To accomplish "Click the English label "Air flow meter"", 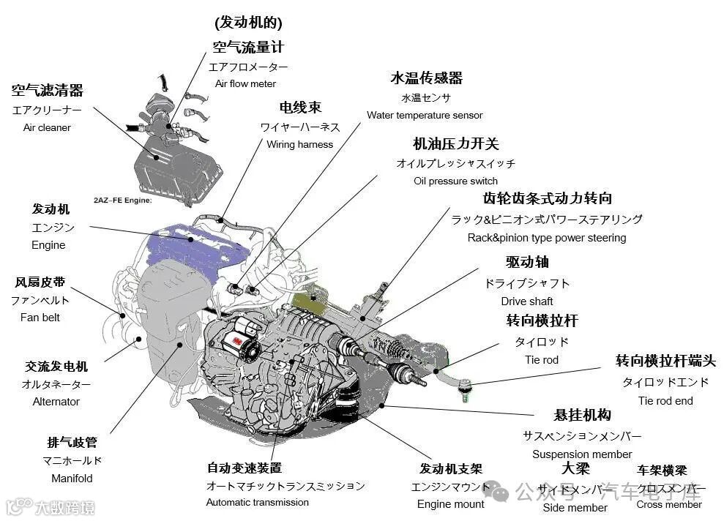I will click(245, 83).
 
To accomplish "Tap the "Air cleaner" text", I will click(47, 127).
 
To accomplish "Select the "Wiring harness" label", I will click(299, 144).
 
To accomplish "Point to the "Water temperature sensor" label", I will click(425, 115).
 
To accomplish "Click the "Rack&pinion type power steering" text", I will click(547, 238).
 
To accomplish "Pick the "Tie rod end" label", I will click(665, 400).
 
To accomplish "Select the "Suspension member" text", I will click(582, 454).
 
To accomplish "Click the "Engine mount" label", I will click(451, 503).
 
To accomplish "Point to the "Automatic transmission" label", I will click(258, 502).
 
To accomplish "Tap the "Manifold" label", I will click(72, 478).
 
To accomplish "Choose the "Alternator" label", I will click(56, 401).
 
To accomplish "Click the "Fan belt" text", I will click(40, 318).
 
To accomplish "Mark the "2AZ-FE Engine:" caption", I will click(122, 200).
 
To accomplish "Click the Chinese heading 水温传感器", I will click(426, 78).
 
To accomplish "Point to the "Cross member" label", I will click(669, 504).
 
